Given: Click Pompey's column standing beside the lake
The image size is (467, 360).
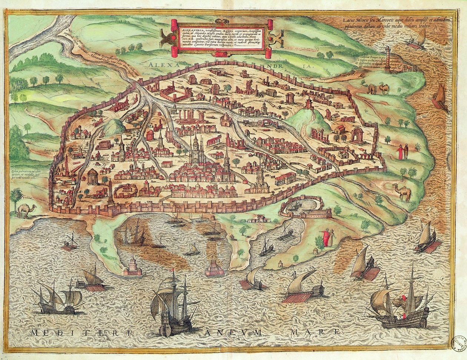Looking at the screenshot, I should point(388,59).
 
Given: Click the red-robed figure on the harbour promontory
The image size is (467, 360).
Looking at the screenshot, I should point(326,237).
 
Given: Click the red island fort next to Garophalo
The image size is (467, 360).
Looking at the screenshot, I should point(215,267).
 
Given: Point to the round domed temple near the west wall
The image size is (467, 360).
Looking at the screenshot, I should point(93,176).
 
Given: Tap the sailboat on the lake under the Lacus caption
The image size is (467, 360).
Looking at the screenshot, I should point(418,39).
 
